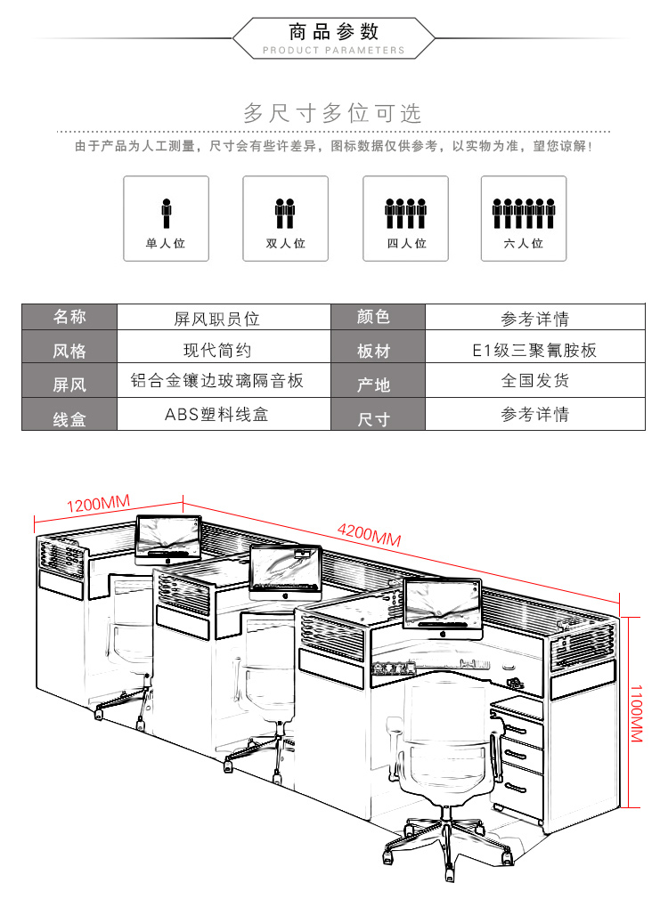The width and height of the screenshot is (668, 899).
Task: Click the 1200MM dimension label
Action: click(98, 504)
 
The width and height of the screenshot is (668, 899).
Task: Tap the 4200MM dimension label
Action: click(369, 534)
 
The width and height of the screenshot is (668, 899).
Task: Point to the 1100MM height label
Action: click(637, 713)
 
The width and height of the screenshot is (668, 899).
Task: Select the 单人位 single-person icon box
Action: click(166, 218)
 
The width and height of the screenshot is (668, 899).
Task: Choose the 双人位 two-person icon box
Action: click(285, 218)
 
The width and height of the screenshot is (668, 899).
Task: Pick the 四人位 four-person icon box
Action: click(406, 218)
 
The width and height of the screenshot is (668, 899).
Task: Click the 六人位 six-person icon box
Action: click(524, 218)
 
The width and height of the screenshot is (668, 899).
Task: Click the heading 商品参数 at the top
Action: click(333, 32)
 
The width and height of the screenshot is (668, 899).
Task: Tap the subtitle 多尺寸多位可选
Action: click(333, 113)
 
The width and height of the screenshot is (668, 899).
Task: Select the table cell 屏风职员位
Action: click(217, 319)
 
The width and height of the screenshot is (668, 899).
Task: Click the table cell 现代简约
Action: click(217, 350)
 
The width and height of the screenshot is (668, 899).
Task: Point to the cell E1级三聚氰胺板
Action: click(534, 350)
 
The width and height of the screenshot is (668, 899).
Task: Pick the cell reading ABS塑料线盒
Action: click(217, 414)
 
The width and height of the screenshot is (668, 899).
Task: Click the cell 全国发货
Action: click(535, 380)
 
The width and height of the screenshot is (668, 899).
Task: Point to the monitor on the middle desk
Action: click(285, 571)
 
